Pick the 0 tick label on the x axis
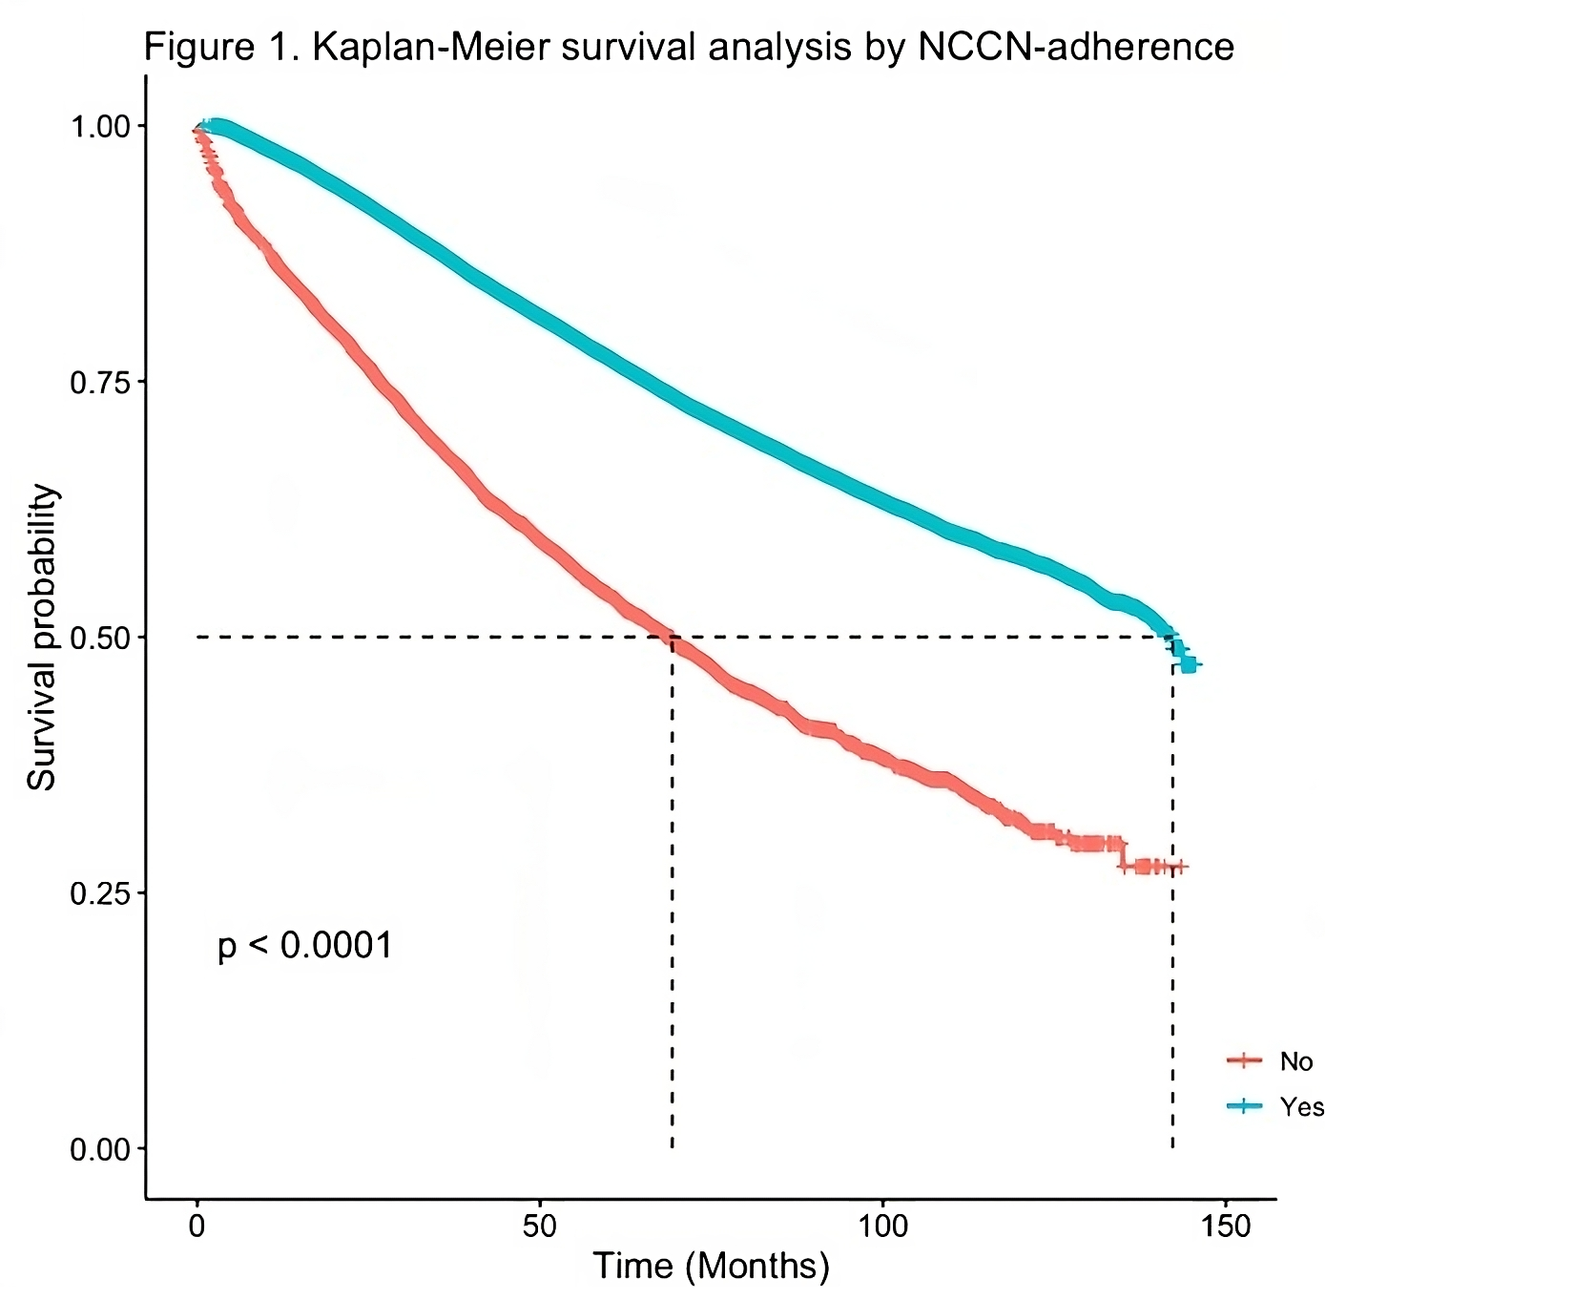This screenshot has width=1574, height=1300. (197, 1226)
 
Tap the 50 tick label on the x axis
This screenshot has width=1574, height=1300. (540, 1226)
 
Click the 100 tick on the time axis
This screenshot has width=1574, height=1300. (882, 1226)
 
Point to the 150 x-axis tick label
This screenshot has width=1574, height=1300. (1226, 1226)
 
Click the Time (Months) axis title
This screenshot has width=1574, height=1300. (712, 1267)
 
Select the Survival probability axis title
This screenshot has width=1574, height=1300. (42, 638)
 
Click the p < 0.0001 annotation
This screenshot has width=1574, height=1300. (305, 946)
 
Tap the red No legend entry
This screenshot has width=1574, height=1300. (1274, 1061)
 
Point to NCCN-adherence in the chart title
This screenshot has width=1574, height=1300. (1075, 46)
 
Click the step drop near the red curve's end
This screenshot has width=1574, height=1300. (1123, 855)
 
